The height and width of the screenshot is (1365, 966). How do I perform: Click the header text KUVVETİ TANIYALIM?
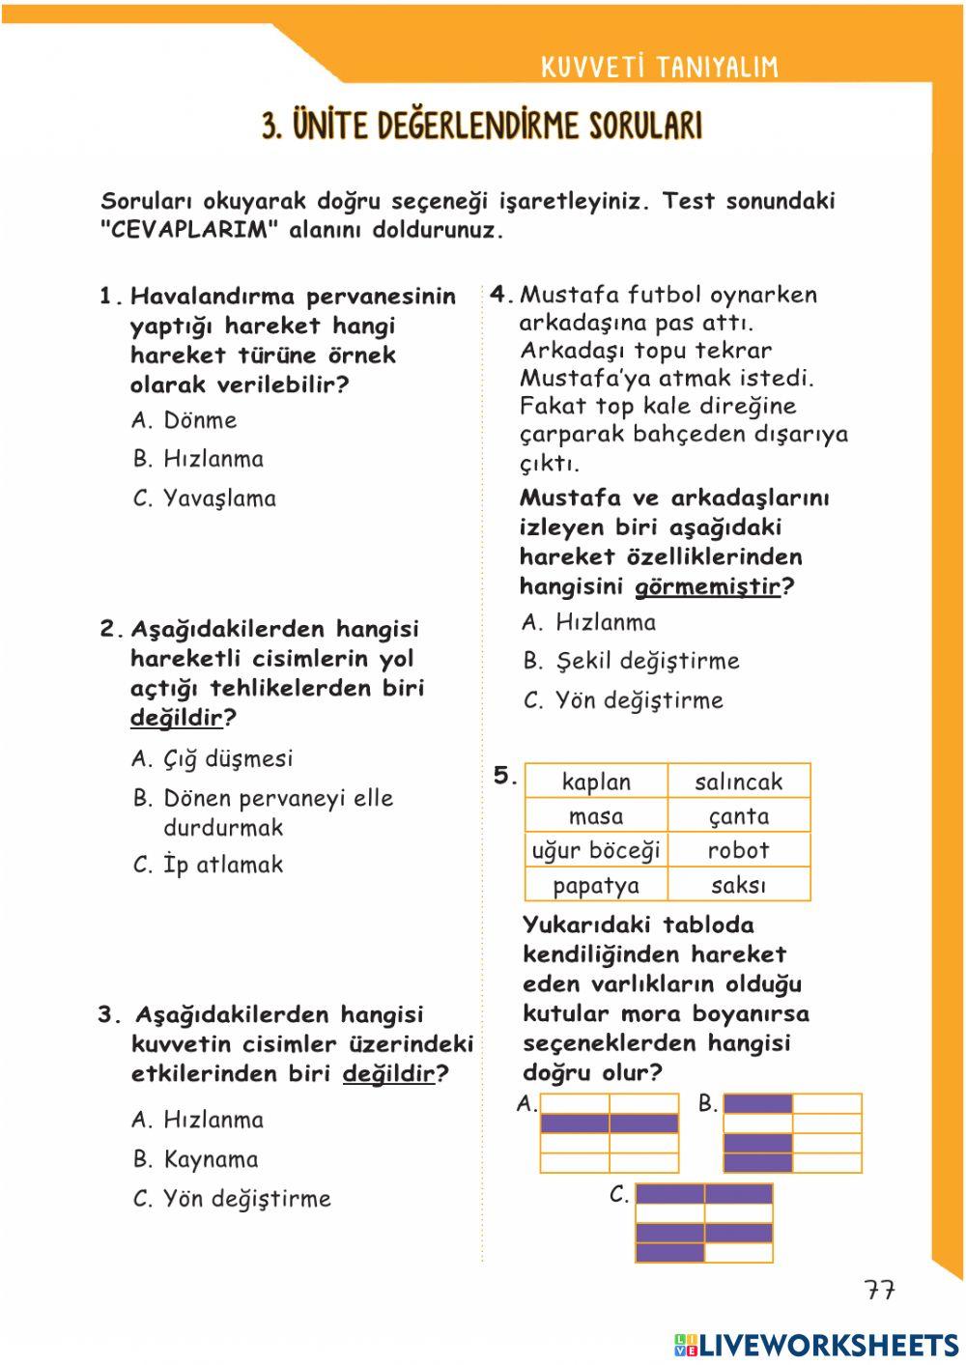point(659,67)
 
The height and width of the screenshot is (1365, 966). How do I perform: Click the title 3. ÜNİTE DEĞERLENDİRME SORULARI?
point(482,126)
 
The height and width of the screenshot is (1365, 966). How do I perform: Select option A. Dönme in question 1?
point(185,420)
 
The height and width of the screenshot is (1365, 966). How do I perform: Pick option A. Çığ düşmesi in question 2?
point(213,758)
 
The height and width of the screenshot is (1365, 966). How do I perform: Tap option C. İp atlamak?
point(208,865)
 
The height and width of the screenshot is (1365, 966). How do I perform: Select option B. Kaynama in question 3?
point(196,1159)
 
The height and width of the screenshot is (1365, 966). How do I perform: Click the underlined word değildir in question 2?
point(176,718)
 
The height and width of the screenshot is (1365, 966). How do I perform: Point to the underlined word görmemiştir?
point(707,586)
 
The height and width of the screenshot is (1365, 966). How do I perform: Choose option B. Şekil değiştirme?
point(631,661)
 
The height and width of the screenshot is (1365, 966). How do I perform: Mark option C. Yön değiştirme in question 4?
point(623,700)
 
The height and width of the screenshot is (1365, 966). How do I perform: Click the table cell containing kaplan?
point(596,782)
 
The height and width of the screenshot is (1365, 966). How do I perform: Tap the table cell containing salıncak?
point(739,782)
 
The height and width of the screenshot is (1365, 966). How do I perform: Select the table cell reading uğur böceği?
point(596,850)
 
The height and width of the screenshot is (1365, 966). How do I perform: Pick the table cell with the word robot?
point(739,850)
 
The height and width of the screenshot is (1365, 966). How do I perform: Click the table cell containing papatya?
point(596,885)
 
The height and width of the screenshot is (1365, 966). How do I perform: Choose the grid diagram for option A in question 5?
point(610,1133)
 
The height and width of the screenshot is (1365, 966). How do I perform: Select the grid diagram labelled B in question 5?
point(792,1133)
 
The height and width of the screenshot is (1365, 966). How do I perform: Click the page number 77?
point(879,1291)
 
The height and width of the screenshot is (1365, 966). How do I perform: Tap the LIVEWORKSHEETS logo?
point(816,1345)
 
